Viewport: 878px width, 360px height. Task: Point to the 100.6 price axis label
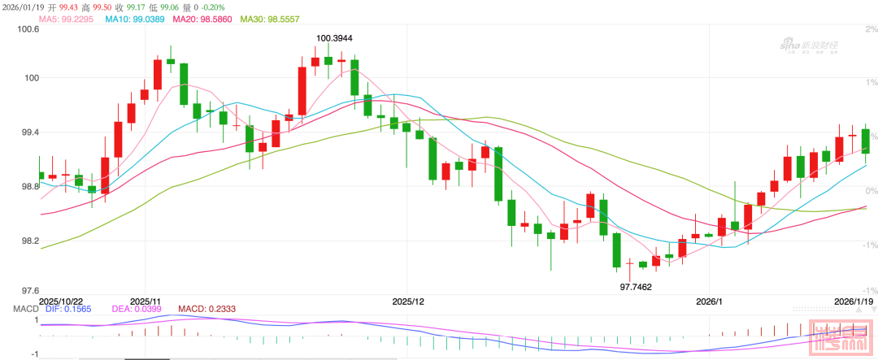point(27,30)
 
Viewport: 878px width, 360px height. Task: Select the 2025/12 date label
point(408,301)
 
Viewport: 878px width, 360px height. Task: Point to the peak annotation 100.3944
point(334,38)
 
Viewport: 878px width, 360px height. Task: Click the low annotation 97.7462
point(636,286)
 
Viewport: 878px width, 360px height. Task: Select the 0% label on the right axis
point(871,191)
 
